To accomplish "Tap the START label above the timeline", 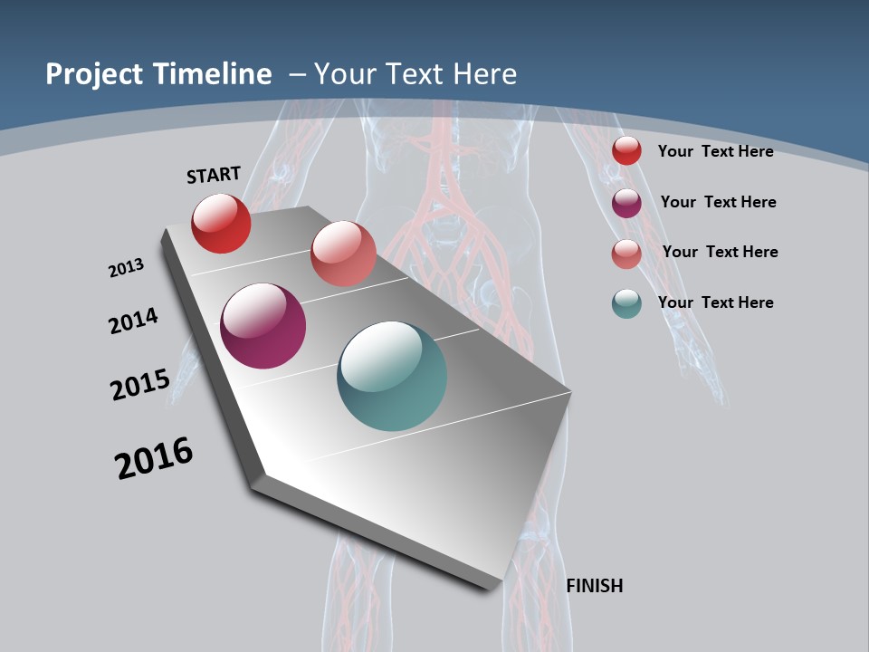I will pos(214,175).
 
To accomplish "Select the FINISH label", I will pos(595,586).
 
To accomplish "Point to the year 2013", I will pos(126,268).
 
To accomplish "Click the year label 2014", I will pos(134,321).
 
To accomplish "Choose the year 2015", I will pos(140,384).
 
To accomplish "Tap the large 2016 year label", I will pos(154,458).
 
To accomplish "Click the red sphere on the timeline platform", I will pos(221,223).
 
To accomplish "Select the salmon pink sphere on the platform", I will pos(343,254).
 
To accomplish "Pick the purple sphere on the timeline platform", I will pos(263,326).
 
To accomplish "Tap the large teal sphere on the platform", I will pos(392,376).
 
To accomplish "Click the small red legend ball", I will pos(626,151).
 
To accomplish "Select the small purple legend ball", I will pos(626,203).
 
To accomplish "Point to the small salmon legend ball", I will pos(626,254).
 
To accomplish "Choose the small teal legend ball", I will pos(626,303).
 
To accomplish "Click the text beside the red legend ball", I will pos(715,151).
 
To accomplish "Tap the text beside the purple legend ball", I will pos(718,202).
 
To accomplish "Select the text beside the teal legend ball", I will pos(715,302).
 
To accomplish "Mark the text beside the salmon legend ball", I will pos(720,252).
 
